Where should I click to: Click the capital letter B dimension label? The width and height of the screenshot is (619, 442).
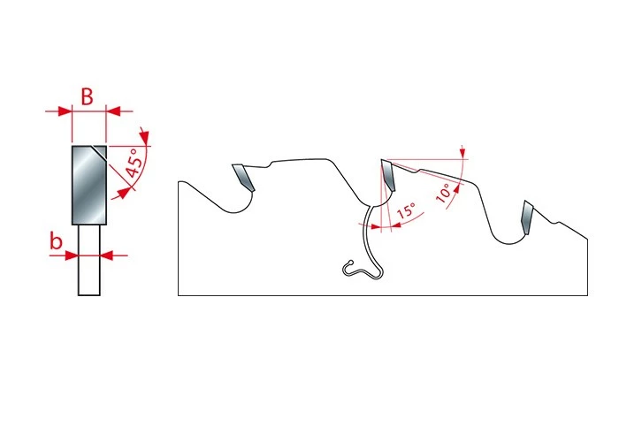87,96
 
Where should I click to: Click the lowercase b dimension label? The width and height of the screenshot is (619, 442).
56,240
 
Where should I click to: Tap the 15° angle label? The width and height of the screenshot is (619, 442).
407,210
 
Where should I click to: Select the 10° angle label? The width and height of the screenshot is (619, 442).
444,193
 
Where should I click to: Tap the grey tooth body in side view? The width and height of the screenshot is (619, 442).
89,185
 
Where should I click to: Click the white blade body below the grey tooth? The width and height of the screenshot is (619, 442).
89,260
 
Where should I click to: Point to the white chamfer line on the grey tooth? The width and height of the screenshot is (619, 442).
99,153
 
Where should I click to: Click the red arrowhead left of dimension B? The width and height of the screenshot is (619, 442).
65,110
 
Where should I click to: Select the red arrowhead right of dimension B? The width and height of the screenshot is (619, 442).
113,110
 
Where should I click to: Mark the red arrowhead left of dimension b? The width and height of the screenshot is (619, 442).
71,255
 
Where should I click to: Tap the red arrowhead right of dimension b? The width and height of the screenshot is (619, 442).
107,255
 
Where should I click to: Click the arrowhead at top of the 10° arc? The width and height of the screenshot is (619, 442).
463,153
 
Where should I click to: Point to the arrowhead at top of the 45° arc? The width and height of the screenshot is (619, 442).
145,136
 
